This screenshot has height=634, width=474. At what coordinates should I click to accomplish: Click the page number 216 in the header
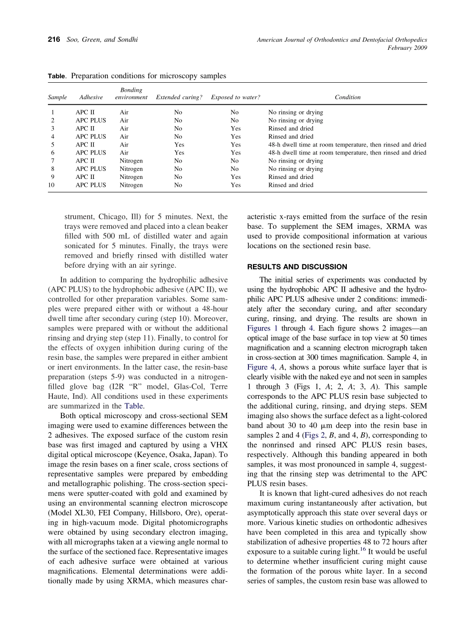coord(54,40)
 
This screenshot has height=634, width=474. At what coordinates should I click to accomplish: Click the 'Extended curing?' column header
coord(179,98)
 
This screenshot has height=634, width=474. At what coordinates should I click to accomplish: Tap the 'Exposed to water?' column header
coord(236,98)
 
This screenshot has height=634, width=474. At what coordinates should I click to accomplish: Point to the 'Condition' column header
coord(347,98)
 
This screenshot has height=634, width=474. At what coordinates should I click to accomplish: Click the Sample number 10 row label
coord(51,185)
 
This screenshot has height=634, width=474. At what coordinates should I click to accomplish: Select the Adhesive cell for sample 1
coord(85,113)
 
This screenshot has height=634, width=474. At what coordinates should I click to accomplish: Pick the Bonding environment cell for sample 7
coord(131,161)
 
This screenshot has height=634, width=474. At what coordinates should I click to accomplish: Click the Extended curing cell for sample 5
coord(179,145)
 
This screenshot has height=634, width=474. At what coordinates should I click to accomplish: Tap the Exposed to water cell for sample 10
coord(236,185)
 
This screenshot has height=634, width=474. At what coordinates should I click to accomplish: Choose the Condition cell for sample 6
coord(347,153)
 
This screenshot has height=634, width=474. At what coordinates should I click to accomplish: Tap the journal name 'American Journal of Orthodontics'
coord(299,40)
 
